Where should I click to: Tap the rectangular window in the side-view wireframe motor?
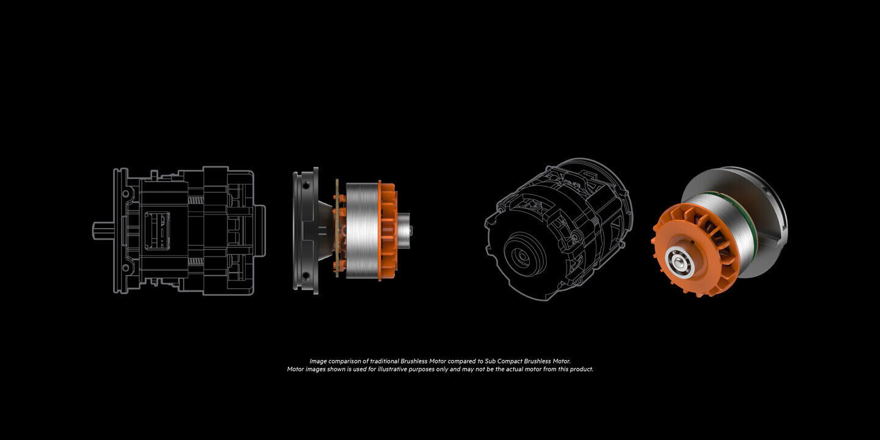(156, 230)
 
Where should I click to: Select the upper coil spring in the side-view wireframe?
(196, 200)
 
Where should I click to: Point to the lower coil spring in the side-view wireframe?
(196, 261)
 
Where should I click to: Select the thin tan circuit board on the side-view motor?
(336, 230)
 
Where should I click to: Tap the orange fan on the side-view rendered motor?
(387, 230)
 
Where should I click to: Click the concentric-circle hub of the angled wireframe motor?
(522, 257)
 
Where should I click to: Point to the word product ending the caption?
(581, 369)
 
